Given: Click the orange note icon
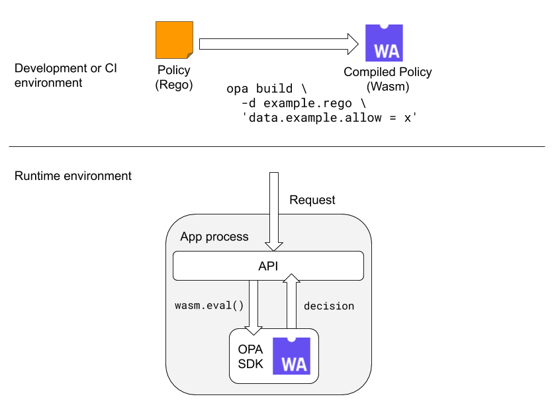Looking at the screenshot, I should pos(173,40).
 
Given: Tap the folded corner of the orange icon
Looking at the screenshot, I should pos(190,56).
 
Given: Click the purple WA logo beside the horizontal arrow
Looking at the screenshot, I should pos(384,43).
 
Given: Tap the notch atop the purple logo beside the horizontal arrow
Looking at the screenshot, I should pos(384,26).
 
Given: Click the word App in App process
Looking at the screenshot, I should pos(192,236).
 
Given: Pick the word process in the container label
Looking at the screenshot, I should pos(227,237).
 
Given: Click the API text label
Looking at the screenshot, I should pos(268,266).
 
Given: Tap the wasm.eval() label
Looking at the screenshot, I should pos(209,306).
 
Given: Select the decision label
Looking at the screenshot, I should pos(329,306).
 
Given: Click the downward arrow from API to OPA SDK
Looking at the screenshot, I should pos(254,304).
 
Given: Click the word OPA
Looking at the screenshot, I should pos(250,349).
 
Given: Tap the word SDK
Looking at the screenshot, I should pos(250,363).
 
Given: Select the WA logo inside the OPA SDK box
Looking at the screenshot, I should pos(291,355).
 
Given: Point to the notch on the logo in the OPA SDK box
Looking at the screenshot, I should pos(291,339).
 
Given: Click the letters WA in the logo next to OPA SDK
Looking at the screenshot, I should pos(293,365).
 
